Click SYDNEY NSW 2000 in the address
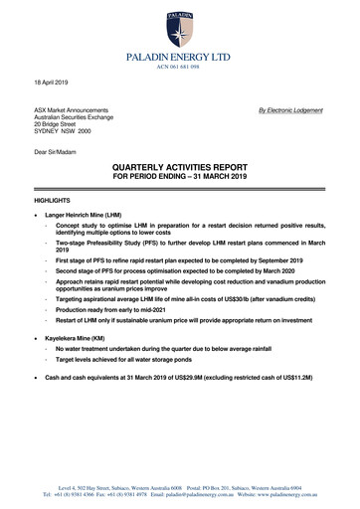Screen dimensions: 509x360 coord(66,133)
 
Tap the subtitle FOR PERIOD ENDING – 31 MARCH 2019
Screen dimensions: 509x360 coord(180,179)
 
